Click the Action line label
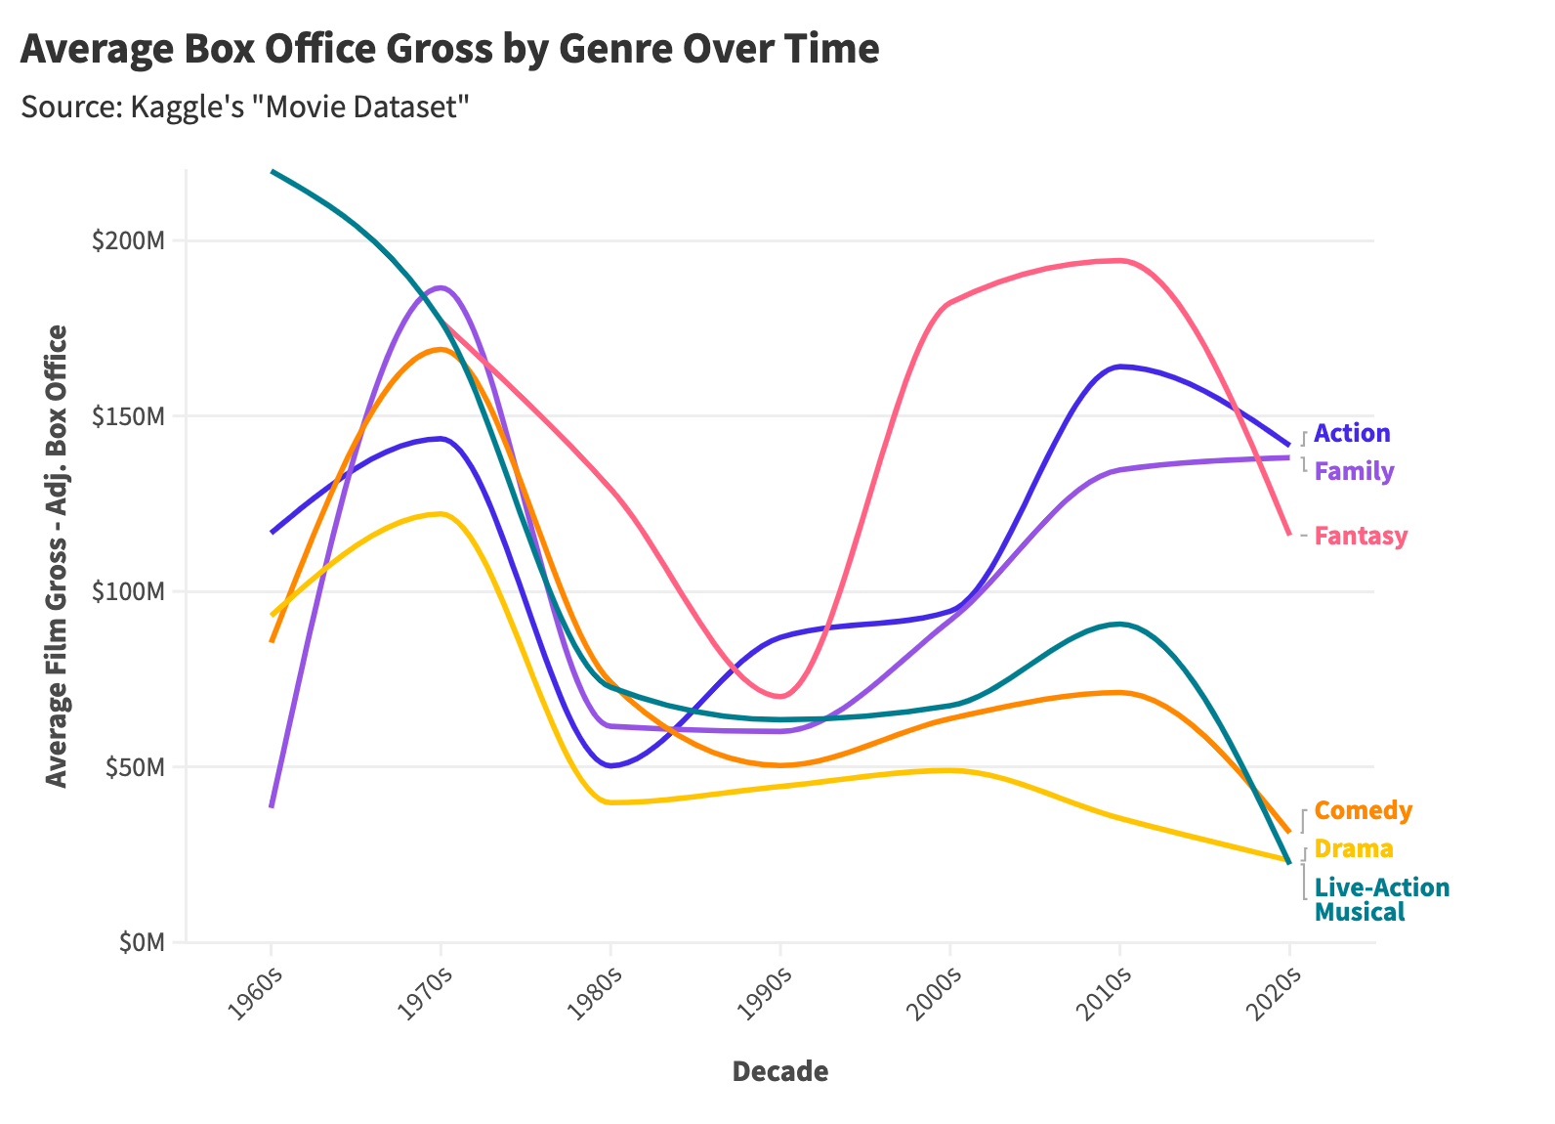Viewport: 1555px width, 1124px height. pyautogui.click(x=1352, y=433)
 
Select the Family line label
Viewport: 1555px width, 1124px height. pyautogui.click(x=1354, y=471)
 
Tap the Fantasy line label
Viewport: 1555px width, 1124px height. pyautogui.click(x=1361, y=536)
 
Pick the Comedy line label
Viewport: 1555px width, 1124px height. pyautogui.click(x=1363, y=810)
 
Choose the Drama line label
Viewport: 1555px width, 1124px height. pyautogui.click(x=1353, y=848)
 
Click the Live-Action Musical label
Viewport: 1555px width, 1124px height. pyautogui.click(x=1381, y=899)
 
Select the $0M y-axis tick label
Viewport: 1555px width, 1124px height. pyautogui.click(x=140, y=942)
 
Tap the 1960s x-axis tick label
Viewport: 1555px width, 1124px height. pyautogui.click(x=255, y=994)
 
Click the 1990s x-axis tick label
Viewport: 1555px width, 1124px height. pyautogui.click(x=764, y=994)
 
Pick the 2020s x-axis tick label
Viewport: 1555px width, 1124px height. pyautogui.click(x=1273, y=994)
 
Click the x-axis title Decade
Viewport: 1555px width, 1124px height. pyautogui.click(x=779, y=1072)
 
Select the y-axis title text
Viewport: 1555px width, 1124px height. pyautogui.click(x=58, y=556)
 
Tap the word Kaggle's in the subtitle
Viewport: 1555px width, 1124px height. pyautogui.click(x=185, y=106)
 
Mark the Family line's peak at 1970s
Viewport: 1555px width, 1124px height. pyautogui.click(x=442, y=287)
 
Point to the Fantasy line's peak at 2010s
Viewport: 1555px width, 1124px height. pyautogui.click(x=1119, y=260)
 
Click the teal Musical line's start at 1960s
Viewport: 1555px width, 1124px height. pyautogui.click(x=273, y=172)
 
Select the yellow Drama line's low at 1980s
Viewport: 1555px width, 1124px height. pyautogui.click(x=611, y=802)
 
